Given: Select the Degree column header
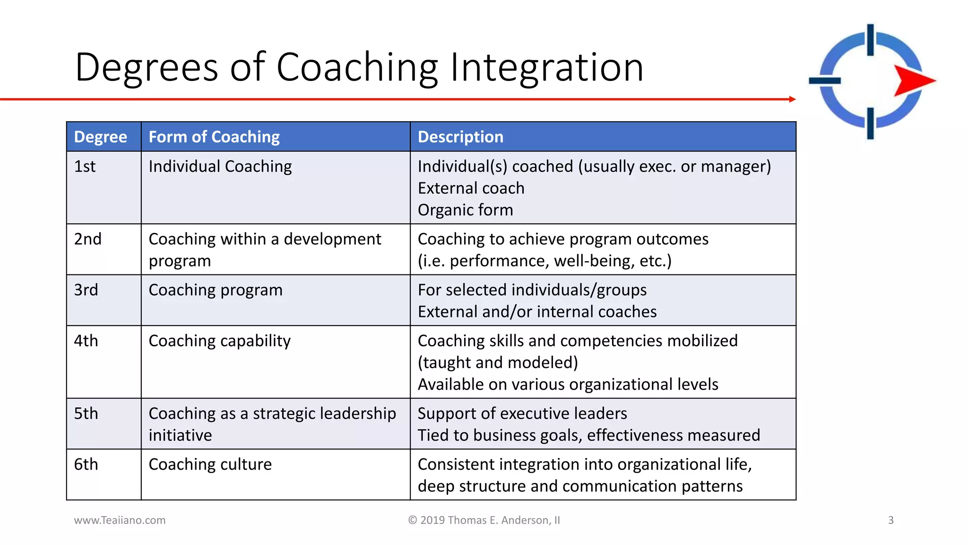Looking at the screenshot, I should (101, 137).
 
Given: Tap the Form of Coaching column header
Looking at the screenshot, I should (214, 137).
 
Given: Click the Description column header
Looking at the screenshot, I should (460, 137).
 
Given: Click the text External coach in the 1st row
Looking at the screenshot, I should (471, 188).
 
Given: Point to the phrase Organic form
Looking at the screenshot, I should (465, 210).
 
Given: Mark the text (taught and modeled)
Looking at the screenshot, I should (498, 362).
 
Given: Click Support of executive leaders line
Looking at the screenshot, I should (522, 413).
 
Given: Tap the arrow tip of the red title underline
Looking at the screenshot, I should (793, 99).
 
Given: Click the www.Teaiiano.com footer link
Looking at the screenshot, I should (120, 520).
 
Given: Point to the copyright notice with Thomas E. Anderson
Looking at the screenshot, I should (484, 520).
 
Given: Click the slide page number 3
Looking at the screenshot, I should (890, 520).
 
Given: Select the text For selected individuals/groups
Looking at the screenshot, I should (532, 290).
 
